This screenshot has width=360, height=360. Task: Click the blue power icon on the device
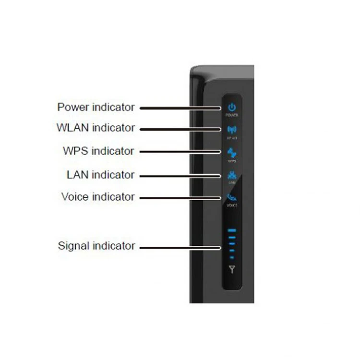pyautogui.click(x=232, y=107)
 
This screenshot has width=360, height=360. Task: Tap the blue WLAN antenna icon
pyautogui.click(x=232, y=130)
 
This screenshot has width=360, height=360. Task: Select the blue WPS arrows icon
pyautogui.click(x=232, y=152)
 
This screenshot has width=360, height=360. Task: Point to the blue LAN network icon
pyautogui.click(x=232, y=175)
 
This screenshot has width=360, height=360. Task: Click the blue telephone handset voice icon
pyautogui.click(x=232, y=197)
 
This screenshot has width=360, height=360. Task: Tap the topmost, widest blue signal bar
pyautogui.click(x=232, y=231)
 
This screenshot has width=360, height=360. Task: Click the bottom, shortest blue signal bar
pyautogui.click(x=232, y=257)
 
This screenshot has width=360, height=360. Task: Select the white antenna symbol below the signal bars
pyautogui.click(x=232, y=269)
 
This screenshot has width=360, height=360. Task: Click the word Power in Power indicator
pyautogui.click(x=72, y=107)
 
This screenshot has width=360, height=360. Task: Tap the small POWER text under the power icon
pyautogui.click(x=232, y=116)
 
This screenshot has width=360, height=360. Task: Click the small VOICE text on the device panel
pyautogui.click(x=232, y=205)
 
